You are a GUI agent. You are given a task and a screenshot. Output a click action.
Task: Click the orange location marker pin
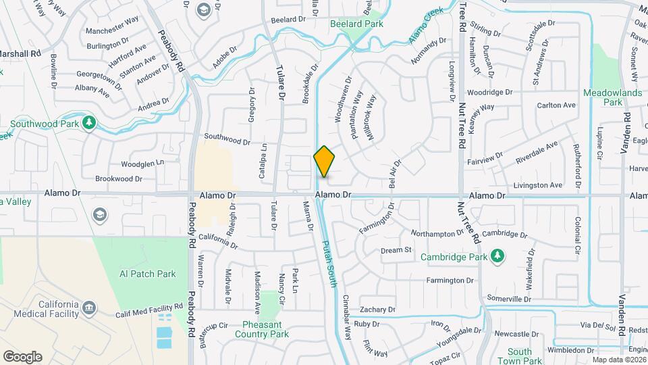point(324,162)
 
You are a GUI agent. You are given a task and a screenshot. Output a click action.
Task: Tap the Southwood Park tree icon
point(88,122)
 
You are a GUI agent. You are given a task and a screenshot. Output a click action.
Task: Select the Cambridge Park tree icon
point(497,255)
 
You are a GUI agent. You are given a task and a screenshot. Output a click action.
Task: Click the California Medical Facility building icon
point(89,310)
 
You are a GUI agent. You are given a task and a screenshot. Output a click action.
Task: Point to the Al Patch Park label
point(147,274)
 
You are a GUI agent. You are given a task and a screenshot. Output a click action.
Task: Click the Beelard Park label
point(356,24)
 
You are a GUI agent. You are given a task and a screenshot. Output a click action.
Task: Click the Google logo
point(22,356)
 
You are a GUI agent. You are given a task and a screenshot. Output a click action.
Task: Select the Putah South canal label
point(329,263)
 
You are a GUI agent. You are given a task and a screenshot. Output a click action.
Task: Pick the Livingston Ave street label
point(538,185)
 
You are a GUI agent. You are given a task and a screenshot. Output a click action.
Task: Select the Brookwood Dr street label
point(118,179)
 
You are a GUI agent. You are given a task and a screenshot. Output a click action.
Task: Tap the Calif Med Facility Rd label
point(149,307)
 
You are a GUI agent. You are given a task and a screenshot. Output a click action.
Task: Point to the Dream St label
point(396,250)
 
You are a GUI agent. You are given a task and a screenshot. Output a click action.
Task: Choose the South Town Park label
point(520,356)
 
